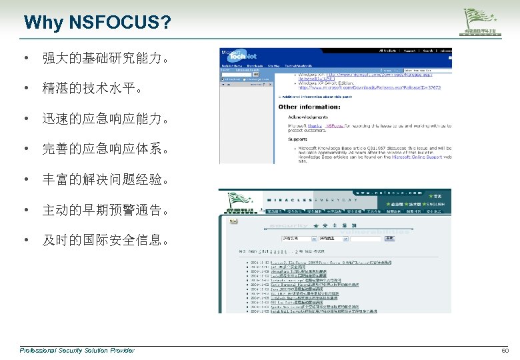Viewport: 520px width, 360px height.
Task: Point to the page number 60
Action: click(x=504, y=351)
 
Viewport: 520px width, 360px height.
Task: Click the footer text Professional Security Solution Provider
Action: click(x=77, y=351)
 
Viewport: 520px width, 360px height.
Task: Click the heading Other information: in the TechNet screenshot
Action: click(x=309, y=107)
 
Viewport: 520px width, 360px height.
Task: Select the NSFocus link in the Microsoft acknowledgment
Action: click(x=336, y=125)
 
